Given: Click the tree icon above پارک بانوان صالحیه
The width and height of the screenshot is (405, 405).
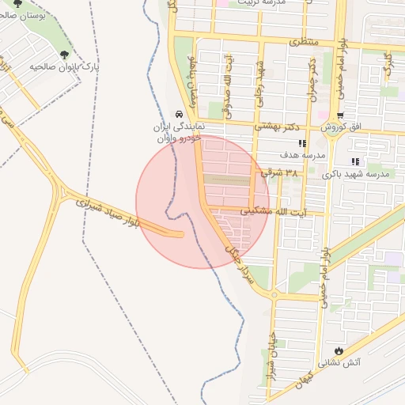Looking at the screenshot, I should click(x=63, y=55).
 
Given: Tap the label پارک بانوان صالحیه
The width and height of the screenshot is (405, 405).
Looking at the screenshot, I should click(x=62, y=68).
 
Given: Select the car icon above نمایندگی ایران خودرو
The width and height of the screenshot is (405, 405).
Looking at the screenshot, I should click(x=181, y=113).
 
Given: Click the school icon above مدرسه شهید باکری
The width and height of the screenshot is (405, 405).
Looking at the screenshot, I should click(x=354, y=161).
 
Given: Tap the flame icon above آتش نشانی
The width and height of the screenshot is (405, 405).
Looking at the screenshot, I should click(x=339, y=350).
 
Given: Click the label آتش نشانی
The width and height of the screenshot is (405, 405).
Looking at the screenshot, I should click(x=339, y=363).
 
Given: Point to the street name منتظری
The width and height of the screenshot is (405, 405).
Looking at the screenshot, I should click(x=302, y=40).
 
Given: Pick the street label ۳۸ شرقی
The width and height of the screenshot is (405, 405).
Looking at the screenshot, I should click(x=292, y=172).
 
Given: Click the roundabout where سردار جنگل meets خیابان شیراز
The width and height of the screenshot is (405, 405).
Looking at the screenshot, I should click(x=273, y=296).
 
